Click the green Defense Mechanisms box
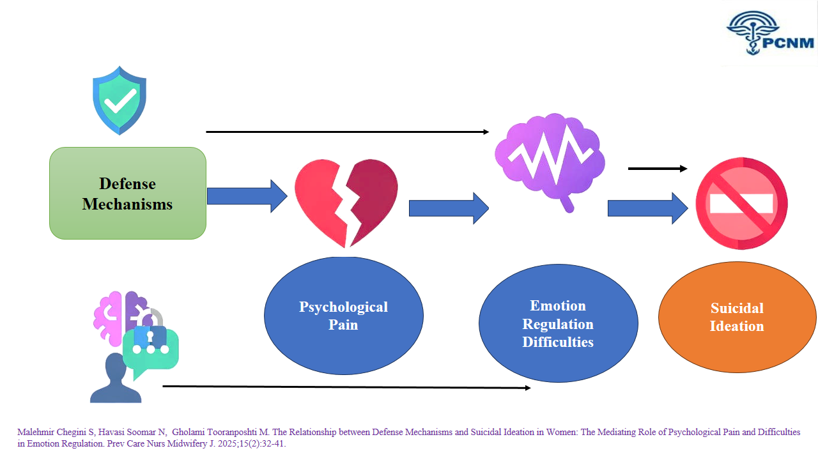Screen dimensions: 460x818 pos(128,193)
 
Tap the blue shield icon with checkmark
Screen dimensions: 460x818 pos(120,100)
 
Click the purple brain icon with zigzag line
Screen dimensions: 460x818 pos(550,159)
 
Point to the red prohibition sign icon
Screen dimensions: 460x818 pos(741,203)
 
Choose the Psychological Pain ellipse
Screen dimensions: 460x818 pos(344,316)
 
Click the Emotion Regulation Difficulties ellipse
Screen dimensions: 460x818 pos(558,323)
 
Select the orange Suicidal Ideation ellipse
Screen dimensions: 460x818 pos(737,317)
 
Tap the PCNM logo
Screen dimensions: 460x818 pos(770,33)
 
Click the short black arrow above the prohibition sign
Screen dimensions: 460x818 pos(658,169)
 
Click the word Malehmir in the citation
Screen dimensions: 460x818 pos(36,433)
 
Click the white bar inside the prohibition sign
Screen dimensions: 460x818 pos(741,204)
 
